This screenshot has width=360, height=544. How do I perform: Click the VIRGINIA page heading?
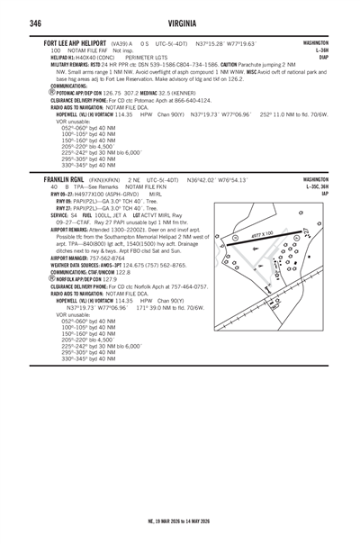pos(180,23)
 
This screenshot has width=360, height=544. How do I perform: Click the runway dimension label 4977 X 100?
pos(262,234)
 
